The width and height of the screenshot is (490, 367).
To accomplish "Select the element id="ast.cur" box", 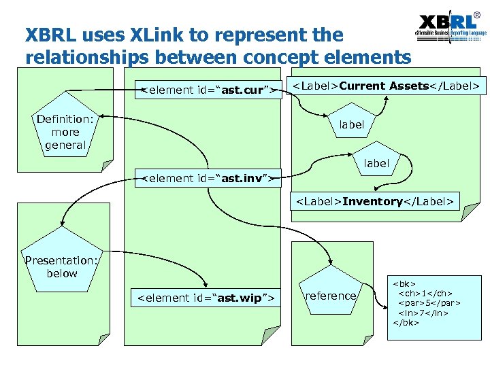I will point(208,90).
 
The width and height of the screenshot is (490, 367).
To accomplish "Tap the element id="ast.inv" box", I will point(208,179).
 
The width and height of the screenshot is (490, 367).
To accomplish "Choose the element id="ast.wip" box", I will point(206,298).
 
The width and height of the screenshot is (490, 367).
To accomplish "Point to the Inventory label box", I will point(374,201).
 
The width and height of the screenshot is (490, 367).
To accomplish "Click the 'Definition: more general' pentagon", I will point(65,132).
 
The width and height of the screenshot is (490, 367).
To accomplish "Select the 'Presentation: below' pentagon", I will point(61,266).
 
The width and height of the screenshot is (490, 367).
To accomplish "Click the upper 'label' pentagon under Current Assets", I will point(352,125).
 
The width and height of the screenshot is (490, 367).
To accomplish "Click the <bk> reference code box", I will point(427,301).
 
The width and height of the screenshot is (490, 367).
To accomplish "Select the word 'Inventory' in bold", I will point(374,201).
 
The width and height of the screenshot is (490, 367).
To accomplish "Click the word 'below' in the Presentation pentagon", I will point(62,273).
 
